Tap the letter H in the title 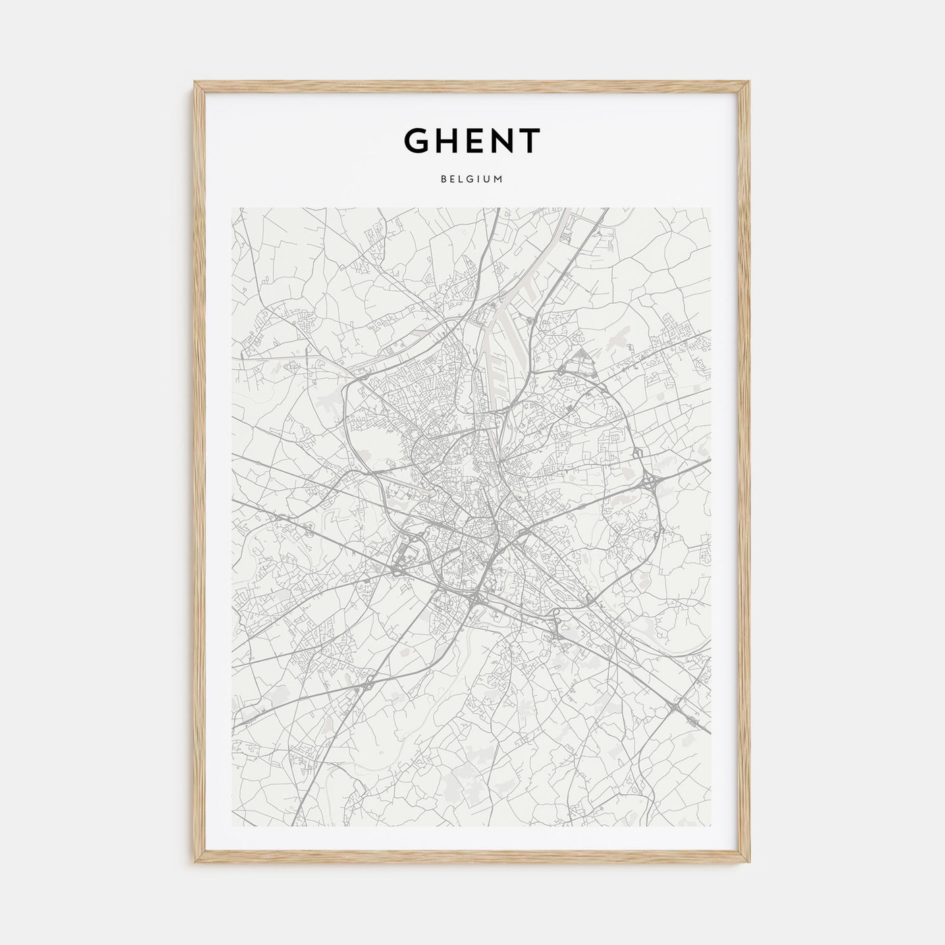tap(447, 140)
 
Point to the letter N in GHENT tap(502, 140)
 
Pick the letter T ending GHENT tap(529, 140)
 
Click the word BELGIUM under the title tap(472, 180)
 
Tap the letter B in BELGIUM tap(443, 180)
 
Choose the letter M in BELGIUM tap(500, 180)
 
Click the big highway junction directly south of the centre tap(478, 598)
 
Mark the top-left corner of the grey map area tap(232, 208)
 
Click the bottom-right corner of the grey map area tap(711, 826)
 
